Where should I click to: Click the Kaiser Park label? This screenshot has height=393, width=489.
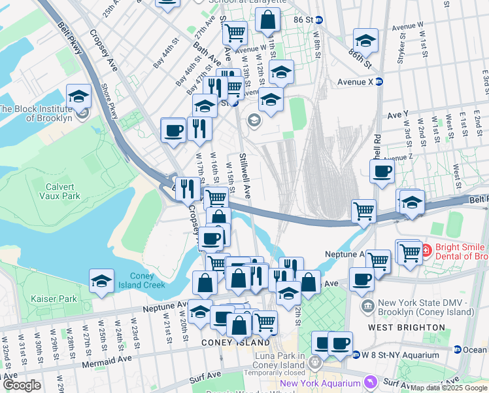point(54,299)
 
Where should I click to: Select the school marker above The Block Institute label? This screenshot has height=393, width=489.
point(78,98)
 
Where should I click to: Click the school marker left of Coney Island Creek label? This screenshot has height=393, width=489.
point(101,281)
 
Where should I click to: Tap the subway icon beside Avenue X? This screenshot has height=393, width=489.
point(379,82)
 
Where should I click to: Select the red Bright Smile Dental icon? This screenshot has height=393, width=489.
point(426,250)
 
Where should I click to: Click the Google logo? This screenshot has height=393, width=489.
point(22,385)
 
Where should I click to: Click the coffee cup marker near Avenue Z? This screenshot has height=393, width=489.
point(382,172)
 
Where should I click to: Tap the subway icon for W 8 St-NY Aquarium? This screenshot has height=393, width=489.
point(356,355)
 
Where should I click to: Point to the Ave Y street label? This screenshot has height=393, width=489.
point(397,114)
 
